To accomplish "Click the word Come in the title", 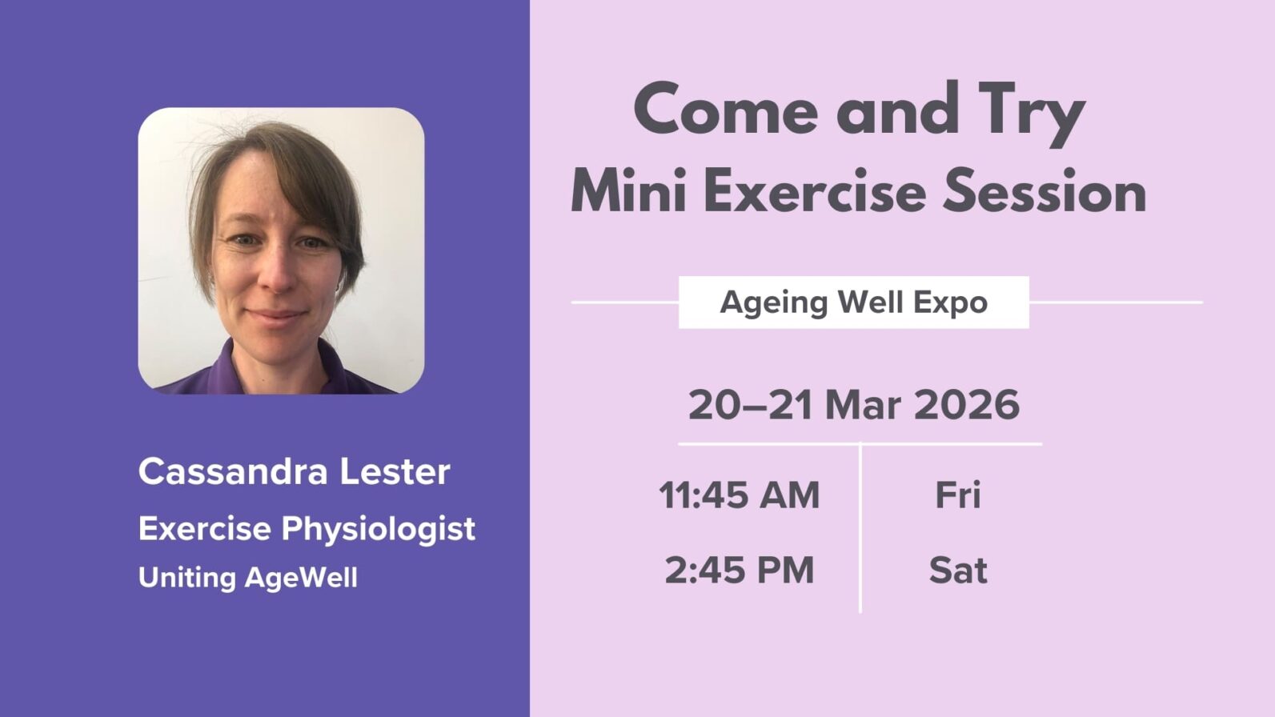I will click(x=725, y=111).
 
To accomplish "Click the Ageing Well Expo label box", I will click(x=853, y=302).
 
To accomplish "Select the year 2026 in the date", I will click(x=966, y=405).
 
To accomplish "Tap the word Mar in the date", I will click(x=862, y=405).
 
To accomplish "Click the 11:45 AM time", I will click(x=739, y=495).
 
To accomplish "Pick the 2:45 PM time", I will click(x=739, y=571).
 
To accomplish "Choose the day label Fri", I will click(x=957, y=495).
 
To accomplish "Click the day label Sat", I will click(x=957, y=571).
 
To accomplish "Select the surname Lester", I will click(x=395, y=471).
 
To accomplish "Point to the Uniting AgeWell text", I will click(x=247, y=578).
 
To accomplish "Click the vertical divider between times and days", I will click(x=860, y=528).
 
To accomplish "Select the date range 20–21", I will click(x=750, y=405).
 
